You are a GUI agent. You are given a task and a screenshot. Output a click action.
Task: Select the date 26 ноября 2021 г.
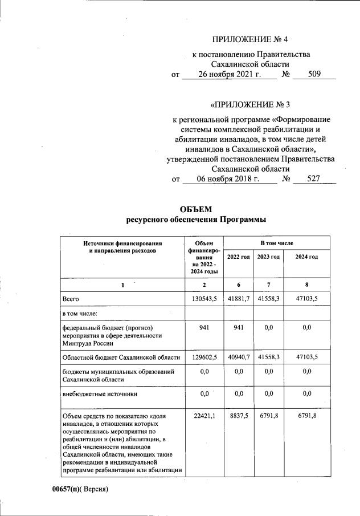229,75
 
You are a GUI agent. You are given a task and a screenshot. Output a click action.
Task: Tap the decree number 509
314,75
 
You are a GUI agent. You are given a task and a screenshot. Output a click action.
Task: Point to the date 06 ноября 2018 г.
228,179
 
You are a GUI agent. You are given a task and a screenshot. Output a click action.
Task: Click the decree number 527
314,179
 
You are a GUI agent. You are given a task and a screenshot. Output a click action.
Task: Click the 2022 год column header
238,257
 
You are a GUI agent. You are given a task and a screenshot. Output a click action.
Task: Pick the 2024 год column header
306,257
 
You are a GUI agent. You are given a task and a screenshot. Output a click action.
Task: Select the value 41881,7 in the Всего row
238,298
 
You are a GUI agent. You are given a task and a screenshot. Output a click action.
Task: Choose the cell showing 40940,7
238,357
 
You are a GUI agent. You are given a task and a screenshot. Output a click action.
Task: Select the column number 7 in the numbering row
268,283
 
